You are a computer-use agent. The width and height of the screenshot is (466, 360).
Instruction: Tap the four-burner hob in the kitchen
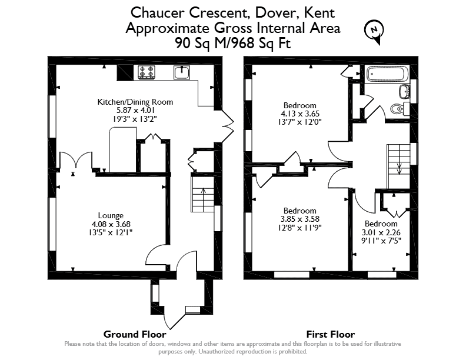(147, 72)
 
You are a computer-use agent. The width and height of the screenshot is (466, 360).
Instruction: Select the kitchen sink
(182, 72)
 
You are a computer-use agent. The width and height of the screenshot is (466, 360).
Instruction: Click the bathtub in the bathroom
(385, 74)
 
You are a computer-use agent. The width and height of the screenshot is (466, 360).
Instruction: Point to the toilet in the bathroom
(400, 109)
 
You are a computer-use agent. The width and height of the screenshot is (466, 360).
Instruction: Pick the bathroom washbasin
(404, 91)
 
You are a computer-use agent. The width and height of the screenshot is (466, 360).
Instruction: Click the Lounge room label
(111, 216)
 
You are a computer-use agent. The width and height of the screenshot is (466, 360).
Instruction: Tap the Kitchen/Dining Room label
(135, 102)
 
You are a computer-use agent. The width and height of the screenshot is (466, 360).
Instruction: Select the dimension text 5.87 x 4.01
(135, 111)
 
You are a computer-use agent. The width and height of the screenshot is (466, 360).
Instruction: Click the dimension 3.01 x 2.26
(381, 232)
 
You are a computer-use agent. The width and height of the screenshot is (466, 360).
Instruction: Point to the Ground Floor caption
(135, 334)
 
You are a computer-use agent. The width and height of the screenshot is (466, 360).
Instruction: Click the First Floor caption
(331, 335)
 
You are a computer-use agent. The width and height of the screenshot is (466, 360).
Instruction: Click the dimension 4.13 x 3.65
(300, 114)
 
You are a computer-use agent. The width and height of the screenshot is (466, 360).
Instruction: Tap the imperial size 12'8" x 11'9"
(300, 228)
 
